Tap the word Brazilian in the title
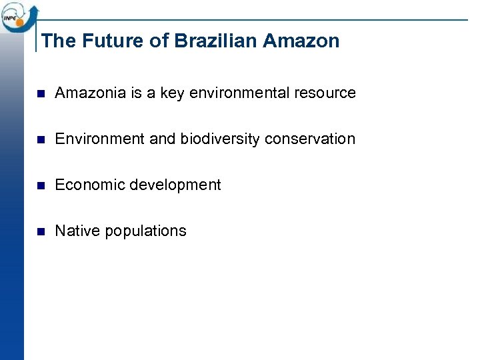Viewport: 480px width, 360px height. coord(216,41)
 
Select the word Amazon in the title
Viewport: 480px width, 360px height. coord(301,41)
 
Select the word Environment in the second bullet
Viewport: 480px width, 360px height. coord(99,139)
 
